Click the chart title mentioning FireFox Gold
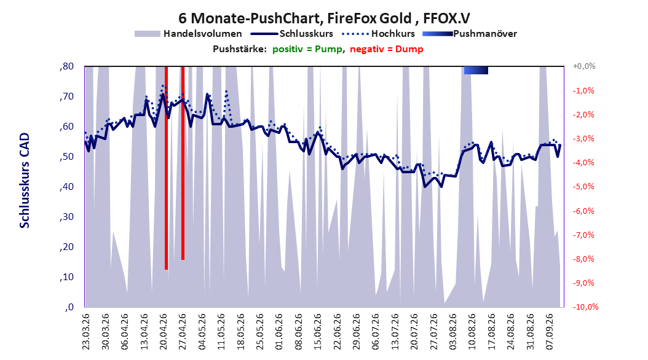click(x=324, y=18)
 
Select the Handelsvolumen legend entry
click(x=189, y=34)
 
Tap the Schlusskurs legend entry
click(x=292, y=34)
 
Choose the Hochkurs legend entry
click(x=379, y=34)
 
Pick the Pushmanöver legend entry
click(x=470, y=34)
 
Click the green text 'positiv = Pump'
click(x=307, y=49)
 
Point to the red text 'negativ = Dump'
click(x=387, y=49)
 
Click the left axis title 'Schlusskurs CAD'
click(x=25, y=181)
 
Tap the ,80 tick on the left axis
click(x=66, y=66)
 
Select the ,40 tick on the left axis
click(x=66, y=187)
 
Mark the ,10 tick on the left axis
click(x=66, y=277)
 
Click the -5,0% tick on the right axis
click(x=583, y=187)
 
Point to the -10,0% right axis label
click(x=585, y=307)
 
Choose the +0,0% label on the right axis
click(x=584, y=66)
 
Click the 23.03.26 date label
click(x=85, y=332)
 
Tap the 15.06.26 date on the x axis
click(x=317, y=332)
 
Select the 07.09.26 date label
click(x=550, y=332)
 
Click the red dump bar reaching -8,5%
click(x=166, y=168)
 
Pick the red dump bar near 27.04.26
click(x=183, y=163)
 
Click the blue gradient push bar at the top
click(x=476, y=70)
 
